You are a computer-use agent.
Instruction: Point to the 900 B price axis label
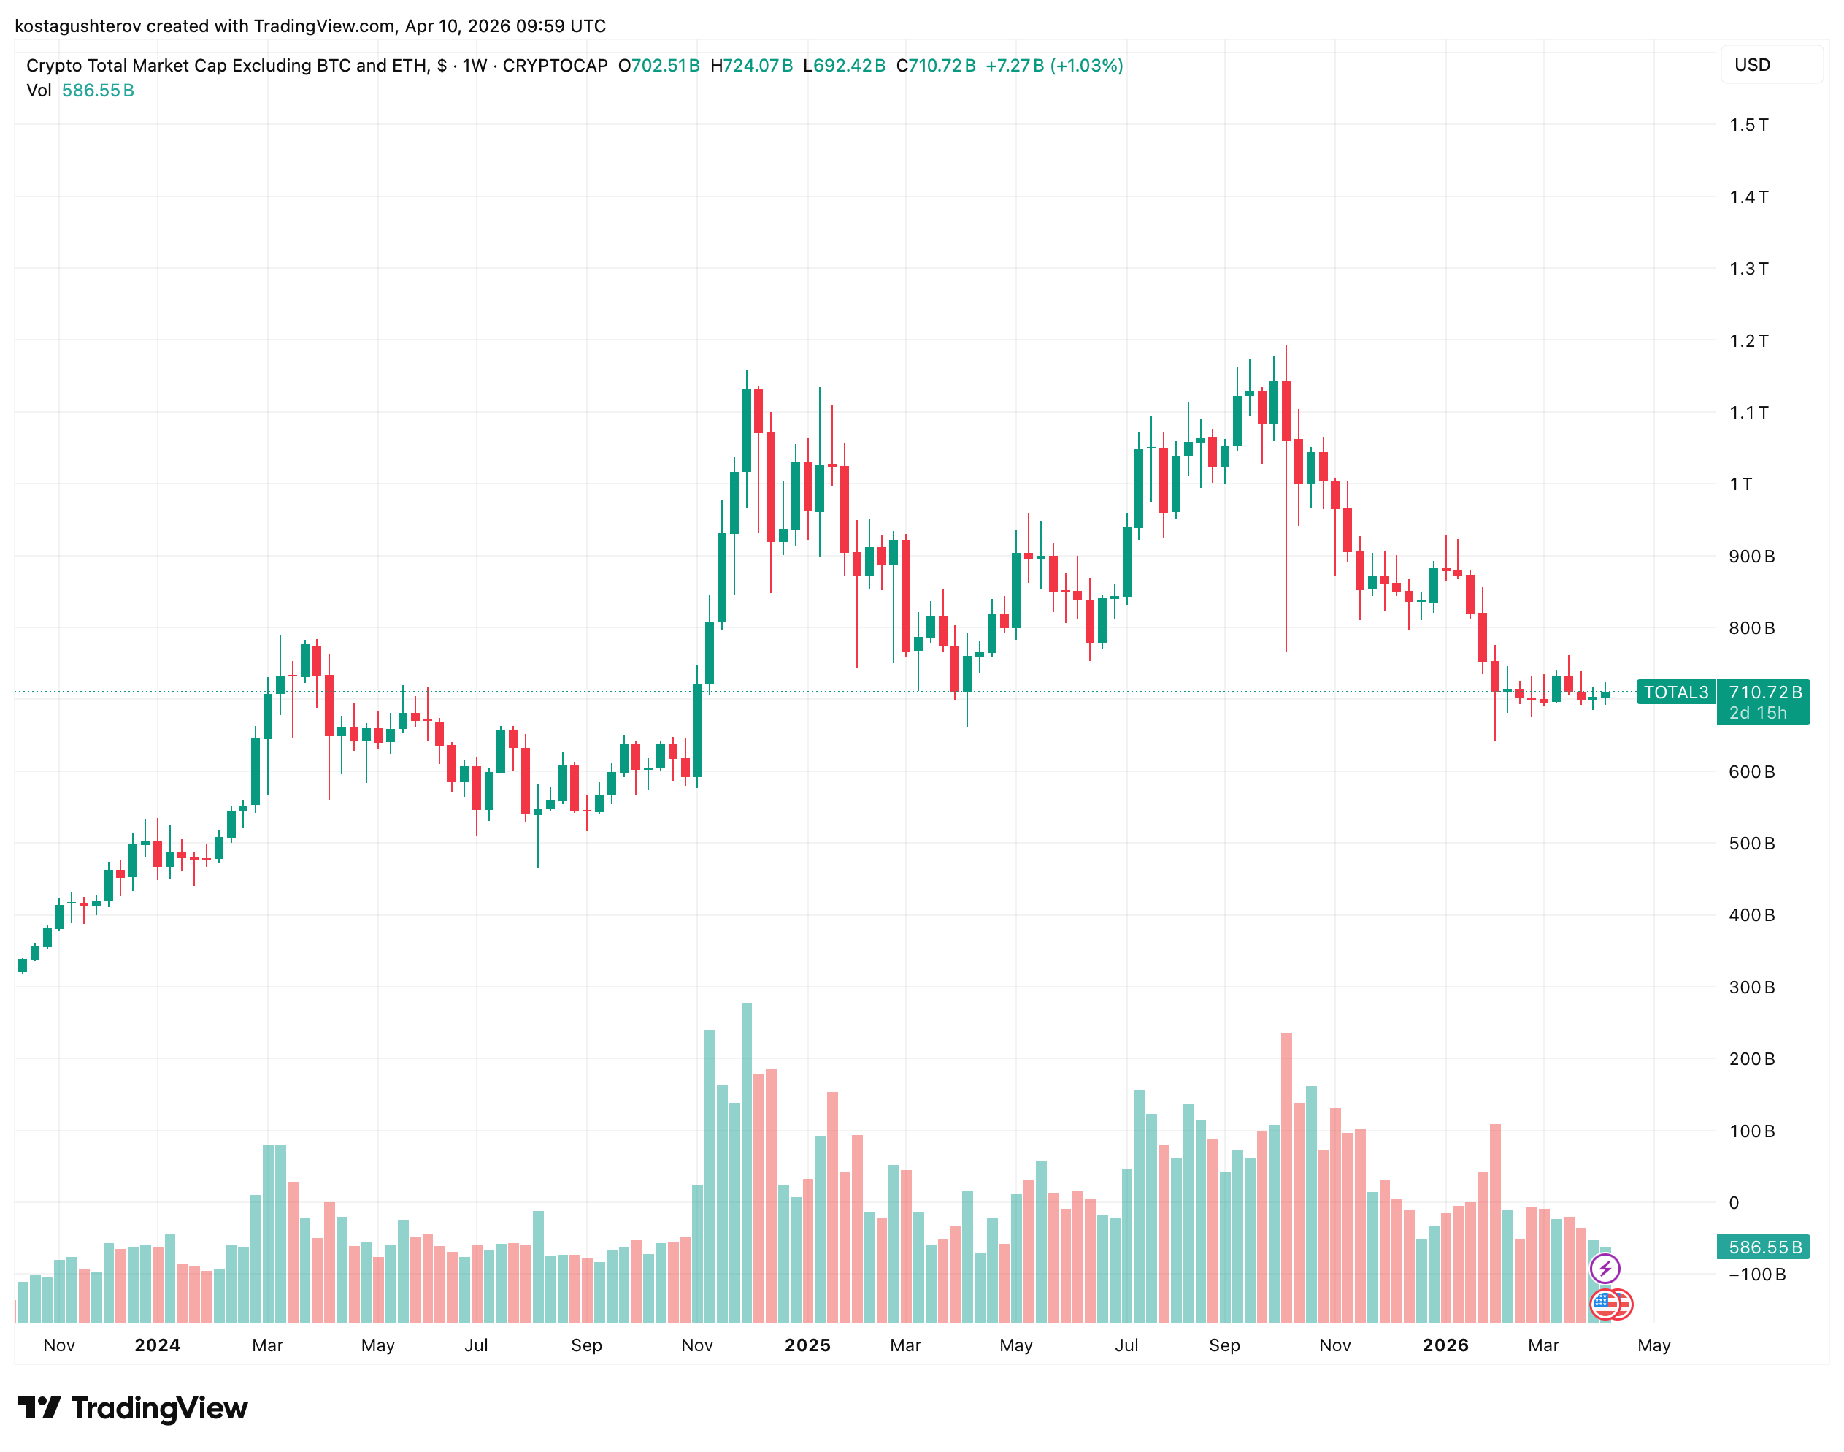(x=1751, y=557)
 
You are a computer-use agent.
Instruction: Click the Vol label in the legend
(x=38, y=90)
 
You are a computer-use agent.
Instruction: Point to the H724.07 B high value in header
(x=751, y=66)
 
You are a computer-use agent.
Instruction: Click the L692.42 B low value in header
(x=844, y=66)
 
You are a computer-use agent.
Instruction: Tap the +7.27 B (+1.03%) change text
(x=1053, y=66)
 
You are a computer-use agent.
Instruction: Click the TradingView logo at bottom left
(x=131, y=1409)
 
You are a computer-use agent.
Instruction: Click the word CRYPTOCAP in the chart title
(x=555, y=66)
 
